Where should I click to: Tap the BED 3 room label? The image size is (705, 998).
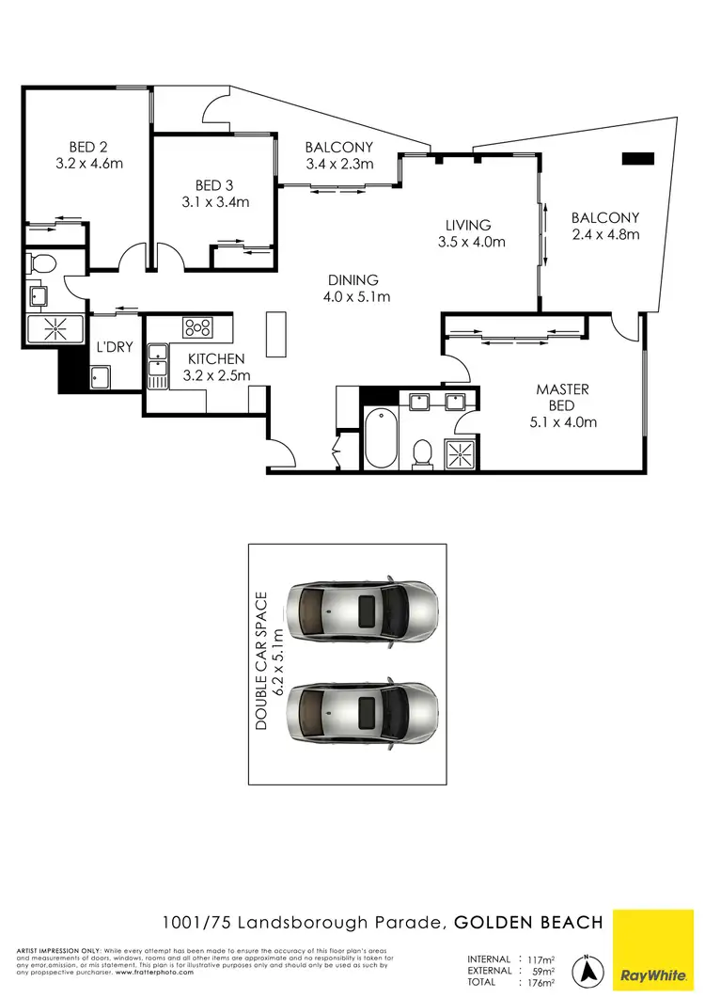coord(209,185)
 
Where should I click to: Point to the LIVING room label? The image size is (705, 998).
coord(468,225)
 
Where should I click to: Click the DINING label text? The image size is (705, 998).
coord(353,280)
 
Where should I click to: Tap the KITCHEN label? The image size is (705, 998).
coord(216,359)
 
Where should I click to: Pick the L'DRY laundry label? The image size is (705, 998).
coord(115,347)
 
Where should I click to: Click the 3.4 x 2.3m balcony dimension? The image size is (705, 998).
coord(340,164)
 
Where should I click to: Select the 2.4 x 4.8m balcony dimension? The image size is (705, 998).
coord(605,234)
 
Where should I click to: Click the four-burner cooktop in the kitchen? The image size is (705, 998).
coord(198,327)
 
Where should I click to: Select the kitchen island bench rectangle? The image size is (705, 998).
coord(274,335)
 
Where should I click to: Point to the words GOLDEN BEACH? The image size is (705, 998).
coord(529,923)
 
